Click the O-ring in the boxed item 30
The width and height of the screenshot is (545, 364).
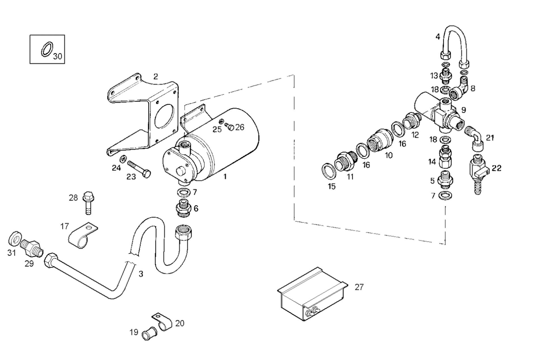[47, 50]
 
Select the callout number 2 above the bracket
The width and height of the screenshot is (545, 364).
[156, 76]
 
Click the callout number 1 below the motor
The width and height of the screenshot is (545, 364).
[225, 177]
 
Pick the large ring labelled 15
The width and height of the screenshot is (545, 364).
[328, 171]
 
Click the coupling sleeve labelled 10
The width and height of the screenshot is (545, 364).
[380, 140]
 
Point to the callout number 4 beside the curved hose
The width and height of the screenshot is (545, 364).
[437, 37]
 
